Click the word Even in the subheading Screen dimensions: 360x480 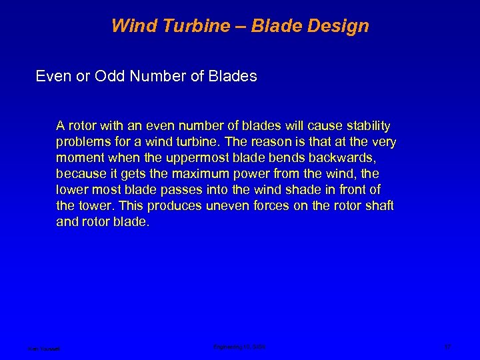pos(52,78)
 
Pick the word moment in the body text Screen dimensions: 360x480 pos(78,158)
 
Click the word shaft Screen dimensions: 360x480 pos(380,206)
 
